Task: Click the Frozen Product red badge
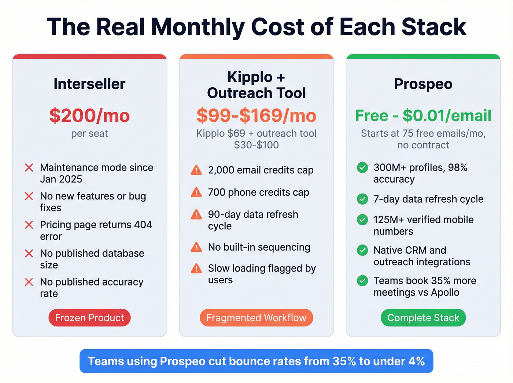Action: click(x=89, y=318)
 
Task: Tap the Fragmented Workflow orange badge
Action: click(x=256, y=318)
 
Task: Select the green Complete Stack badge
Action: click(x=423, y=318)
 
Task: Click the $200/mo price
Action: click(x=89, y=115)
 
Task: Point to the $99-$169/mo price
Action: click(x=256, y=115)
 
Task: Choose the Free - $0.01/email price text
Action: click(x=423, y=115)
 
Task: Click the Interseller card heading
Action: click(x=89, y=84)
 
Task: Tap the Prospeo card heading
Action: click(x=423, y=84)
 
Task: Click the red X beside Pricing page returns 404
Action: click(x=29, y=225)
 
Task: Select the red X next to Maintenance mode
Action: click(x=29, y=167)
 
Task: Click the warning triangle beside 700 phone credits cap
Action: click(x=196, y=192)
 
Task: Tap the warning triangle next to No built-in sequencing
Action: click(x=196, y=247)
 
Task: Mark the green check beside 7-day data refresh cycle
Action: click(x=362, y=199)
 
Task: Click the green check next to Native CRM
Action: click(x=362, y=250)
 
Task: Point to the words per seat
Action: click(x=89, y=133)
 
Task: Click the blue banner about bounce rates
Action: click(x=256, y=361)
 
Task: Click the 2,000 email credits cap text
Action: click(x=261, y=170)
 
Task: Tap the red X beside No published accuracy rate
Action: click(x=29, y=282)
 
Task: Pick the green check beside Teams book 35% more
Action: click(x=362, y=281)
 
